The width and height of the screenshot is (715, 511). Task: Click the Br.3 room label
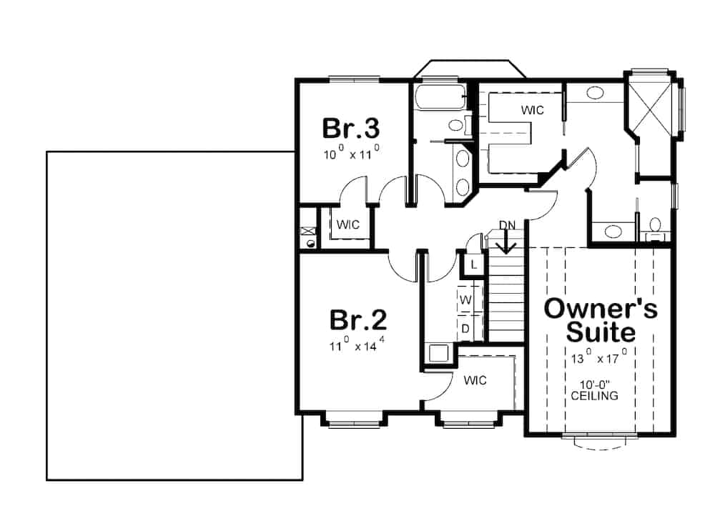(350, 129)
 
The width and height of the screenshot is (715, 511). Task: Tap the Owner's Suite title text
(601, 319)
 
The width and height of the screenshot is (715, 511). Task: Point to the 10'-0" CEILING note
(595, 390)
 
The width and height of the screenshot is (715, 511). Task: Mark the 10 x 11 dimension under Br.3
(350, 154)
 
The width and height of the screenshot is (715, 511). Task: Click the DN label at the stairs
(507, 226)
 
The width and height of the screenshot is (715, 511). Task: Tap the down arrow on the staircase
(507, 245)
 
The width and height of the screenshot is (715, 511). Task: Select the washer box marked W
(465, 300)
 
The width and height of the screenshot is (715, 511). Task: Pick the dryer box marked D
(465, 329)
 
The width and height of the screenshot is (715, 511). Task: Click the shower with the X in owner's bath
(650, 106)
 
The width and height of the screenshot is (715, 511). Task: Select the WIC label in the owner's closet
(532, 111)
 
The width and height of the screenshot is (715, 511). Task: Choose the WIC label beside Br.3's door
(348, 224)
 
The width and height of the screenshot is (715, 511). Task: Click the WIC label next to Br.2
(475, 380)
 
